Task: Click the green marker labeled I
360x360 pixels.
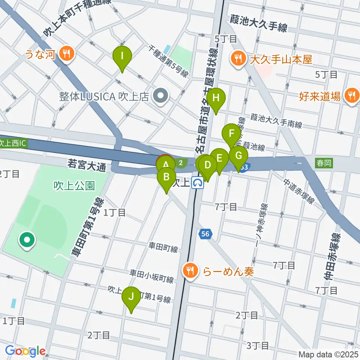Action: [122, 57]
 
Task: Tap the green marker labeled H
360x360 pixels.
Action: [216, 99]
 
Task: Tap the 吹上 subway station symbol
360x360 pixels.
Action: [198, 183]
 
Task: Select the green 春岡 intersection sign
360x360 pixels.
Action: [324, 163]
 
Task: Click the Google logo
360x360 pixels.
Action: [25, 351]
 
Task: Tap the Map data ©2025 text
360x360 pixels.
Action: [328, 354]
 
